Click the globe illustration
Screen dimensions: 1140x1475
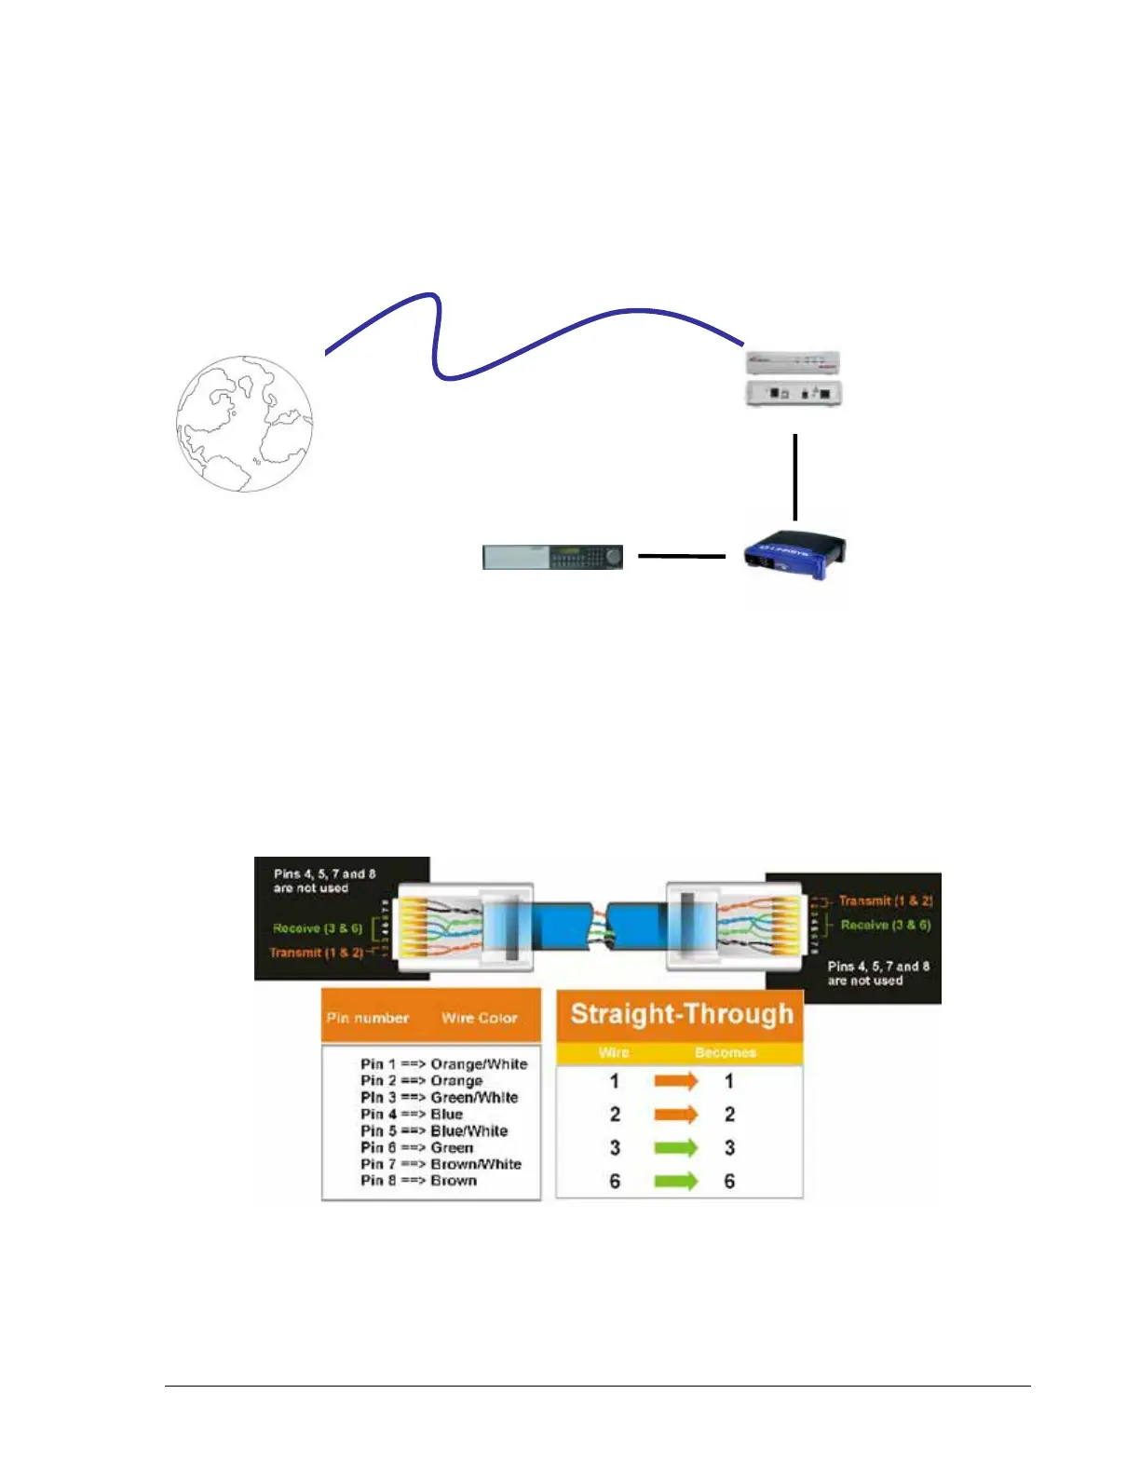click(x=245, y=424)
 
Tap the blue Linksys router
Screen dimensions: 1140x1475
click(x=794, y=555)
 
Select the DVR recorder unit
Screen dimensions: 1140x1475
click(x=552, y=557)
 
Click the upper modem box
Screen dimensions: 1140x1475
click(x=794, y=362)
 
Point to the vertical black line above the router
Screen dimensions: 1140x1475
click(x=794, y=477)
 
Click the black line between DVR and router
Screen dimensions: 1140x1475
click(x=682, y=557)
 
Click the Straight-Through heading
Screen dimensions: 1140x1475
click(x=681, y=1014)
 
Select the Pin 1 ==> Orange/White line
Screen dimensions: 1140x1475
click(x=443, y=1064)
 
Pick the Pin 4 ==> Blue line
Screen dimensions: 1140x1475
click(x=412, y=1115)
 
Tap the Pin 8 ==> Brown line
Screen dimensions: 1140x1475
click(x=418, y=1181)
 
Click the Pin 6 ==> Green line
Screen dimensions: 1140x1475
click(x=416, y=1148)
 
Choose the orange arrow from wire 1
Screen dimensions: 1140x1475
click(x=676, y=1081)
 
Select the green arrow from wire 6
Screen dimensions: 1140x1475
click(x=676, y=1181)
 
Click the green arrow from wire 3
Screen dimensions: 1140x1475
click(x=676, y=1147)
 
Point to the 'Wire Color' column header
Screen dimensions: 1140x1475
click(x=479, y=1018)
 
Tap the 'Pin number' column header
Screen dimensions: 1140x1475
click(x=368, y=1018)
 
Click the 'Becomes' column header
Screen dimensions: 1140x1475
click(x=726, y=1052)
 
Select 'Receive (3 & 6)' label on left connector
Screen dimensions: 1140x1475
click(x=318, y=928)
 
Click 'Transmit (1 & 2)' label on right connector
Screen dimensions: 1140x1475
click(x=885, y=900)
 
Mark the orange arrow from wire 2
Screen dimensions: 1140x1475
click(x=676, y=1114)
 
